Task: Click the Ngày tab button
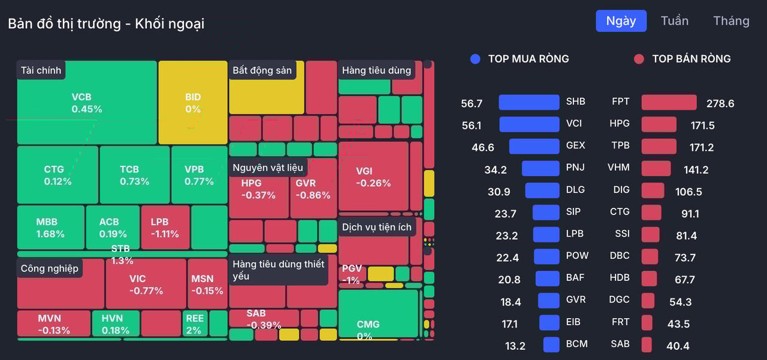tap(621, 21)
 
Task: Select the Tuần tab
tap(674, 21)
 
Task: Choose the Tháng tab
tap(731, 21)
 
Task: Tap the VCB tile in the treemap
tap(87, 103)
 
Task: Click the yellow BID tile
tap(193, 103)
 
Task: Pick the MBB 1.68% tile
tap(50, 228)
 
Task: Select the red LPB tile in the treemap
tap(165, 228)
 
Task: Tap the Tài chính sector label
tap(41, 70)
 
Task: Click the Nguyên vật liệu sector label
tap(268, 168)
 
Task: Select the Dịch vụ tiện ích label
tap(377, 227)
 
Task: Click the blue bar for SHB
tap(529, 102)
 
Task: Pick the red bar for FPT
tap(669, 102)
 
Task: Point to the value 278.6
tap(720, 104)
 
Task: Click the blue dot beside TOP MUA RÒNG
tap(475, 59)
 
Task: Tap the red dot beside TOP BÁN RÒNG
tap(639, 59)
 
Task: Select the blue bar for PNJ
tap(540, 168)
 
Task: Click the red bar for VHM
tap(656, 168)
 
